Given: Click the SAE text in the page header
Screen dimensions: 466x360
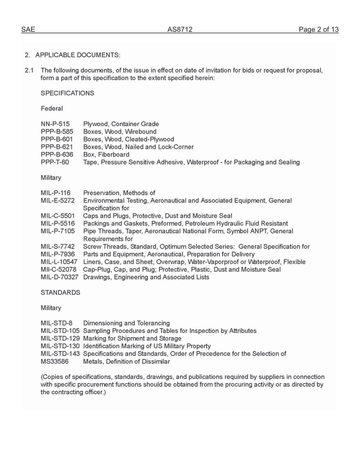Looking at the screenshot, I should point(28,30).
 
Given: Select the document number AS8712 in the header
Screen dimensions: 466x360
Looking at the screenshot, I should point(180,30).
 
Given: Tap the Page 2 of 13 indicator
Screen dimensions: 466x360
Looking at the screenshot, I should point(318,30).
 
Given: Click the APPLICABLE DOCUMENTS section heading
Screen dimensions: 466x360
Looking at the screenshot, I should point(78,55).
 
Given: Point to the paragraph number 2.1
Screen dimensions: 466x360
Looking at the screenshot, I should point(30,70).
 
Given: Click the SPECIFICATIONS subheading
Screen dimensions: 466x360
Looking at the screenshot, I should point(67,93).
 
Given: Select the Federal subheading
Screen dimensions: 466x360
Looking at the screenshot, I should point(52,109).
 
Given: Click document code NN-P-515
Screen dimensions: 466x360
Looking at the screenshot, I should point(55,124).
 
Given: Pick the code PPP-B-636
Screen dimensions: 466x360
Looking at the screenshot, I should point(57,155).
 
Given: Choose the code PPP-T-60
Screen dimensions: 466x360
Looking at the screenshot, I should point(55,162).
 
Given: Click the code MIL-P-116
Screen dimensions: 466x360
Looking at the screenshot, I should point(55,193).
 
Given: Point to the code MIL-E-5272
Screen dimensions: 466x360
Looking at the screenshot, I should point(58,200).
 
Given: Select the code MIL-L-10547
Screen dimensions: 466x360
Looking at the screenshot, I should point(59,262).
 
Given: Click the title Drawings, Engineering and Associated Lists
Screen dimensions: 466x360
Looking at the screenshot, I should point(146,277).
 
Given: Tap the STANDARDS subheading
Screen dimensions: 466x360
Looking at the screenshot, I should point(60,292).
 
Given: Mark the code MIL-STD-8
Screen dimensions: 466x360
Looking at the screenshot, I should point(56,323).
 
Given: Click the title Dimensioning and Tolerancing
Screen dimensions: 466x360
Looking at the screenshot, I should point(126,323).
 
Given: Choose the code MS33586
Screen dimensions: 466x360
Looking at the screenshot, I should point(56,361).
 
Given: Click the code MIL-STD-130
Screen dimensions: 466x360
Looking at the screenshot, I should point(60,346).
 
